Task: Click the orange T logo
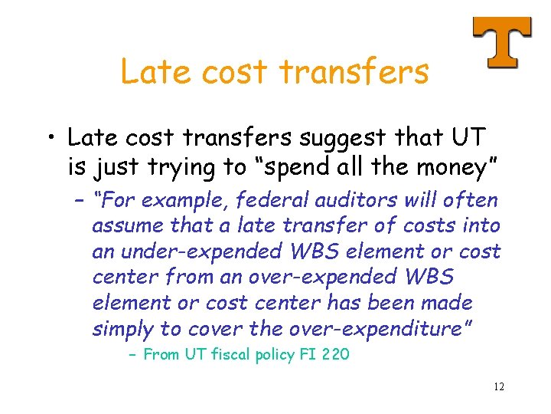[502, 42]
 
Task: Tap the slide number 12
[499, 386]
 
